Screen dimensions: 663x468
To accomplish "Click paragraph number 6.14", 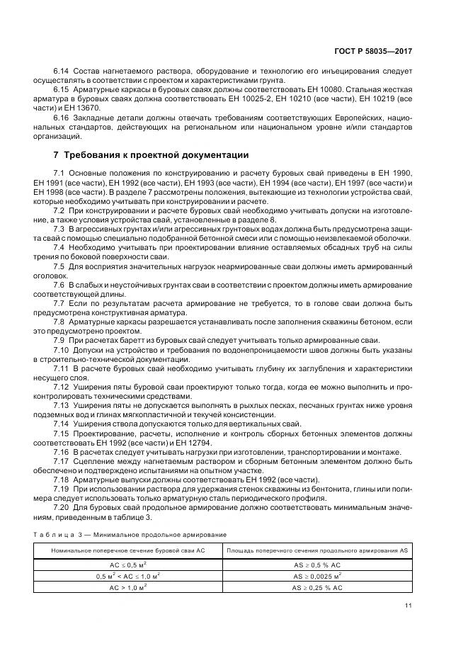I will pyautogui.click(x=62, y=72).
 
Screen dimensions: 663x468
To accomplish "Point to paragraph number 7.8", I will pyautogui.click(x=59, y=321).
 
